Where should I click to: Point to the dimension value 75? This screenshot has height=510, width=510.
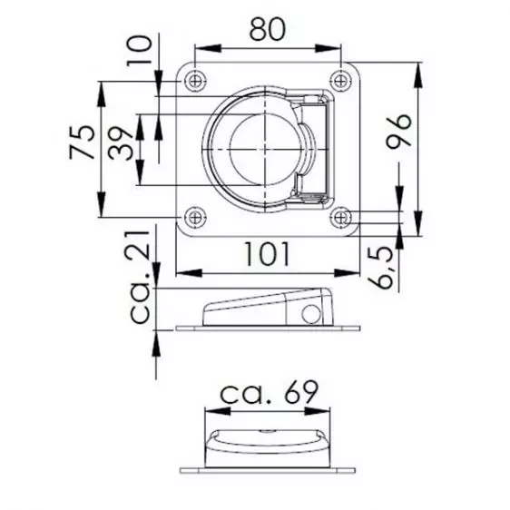(x=82, y=141)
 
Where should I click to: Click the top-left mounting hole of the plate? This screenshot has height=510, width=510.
(x=194, y=82)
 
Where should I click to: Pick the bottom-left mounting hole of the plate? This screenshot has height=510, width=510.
(x=194, y=218)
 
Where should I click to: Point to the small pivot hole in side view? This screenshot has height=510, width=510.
(x=311, y=315)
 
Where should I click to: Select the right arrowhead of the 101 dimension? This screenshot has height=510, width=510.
(x=353, y=272)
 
